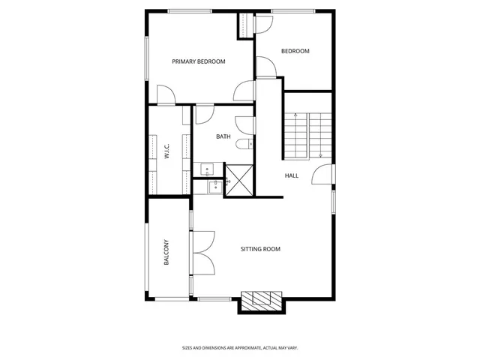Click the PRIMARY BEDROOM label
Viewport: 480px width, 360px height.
[x=199, y=61]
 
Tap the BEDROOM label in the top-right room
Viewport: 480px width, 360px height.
[x=295, y=51]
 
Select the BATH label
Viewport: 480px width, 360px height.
[x=223, y=136]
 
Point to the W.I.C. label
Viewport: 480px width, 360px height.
[x=166, y=151]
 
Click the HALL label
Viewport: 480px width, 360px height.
[x=291, y=175]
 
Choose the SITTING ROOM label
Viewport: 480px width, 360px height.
[x=260, y=249]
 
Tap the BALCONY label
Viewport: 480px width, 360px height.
[x=166, y=253]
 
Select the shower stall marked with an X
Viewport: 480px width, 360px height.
[x=241, y=180]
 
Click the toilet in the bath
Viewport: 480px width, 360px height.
[x=244, y=144]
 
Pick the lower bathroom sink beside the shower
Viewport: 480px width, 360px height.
[x=214, y=185]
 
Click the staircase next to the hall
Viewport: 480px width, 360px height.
[x=308, y=135]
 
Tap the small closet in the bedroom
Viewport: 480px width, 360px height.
[x=246, y=26]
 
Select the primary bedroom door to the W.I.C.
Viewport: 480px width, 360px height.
[x=166, y=95]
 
